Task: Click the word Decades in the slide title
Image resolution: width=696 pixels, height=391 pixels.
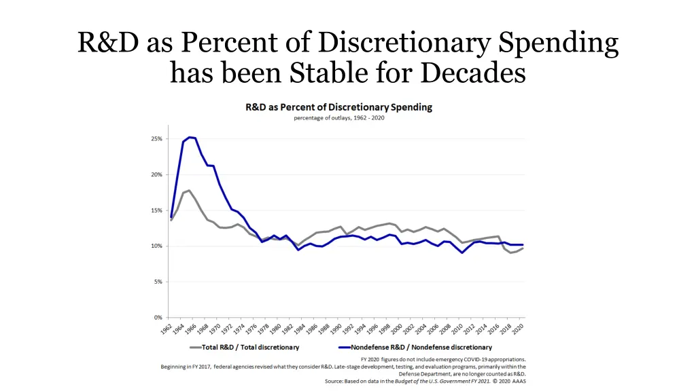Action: (x=473, y=71)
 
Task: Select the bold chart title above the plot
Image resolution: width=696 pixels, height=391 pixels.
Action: (x=338, y=107)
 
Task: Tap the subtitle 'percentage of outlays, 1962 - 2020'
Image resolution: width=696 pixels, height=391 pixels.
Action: (x=338, y=117)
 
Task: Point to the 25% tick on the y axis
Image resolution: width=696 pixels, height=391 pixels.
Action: (x=156, y=139)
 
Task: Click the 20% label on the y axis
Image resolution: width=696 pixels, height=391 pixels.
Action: (x=156, y=174)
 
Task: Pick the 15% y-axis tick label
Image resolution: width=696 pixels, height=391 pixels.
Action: (x=156, y=210)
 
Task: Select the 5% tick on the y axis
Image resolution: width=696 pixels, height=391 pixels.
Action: (x=158, y=282)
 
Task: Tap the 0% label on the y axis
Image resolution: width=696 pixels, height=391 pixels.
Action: (x=158, y=317)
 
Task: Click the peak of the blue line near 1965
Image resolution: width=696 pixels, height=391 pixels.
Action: (x=189, y=137)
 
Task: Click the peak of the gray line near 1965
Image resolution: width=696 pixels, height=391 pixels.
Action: (x=189, y=191)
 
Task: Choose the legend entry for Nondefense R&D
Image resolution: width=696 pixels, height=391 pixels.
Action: (x=421, y=348)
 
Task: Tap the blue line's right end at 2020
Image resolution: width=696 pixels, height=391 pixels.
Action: (x=523, y=244)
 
